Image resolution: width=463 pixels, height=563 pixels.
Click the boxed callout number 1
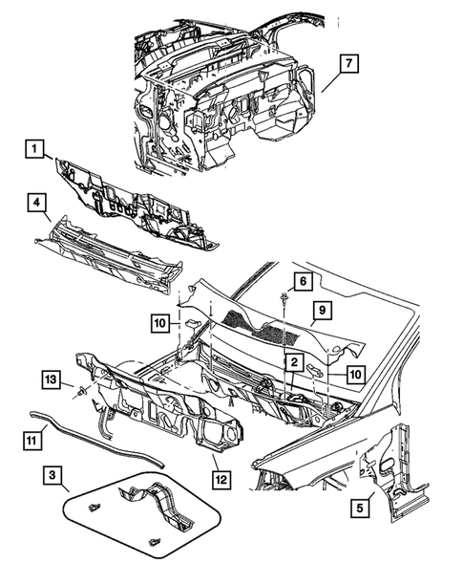coord(35,149)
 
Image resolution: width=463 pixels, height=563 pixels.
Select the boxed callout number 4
coord(34,204)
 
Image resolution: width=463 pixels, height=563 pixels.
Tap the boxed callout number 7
coord(349,64)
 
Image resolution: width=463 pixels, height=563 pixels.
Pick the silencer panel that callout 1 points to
coord(134,198)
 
